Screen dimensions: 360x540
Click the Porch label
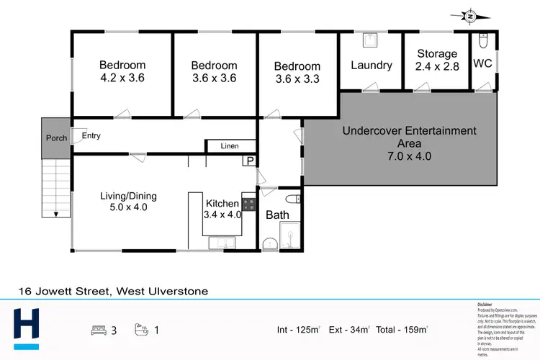click(x=56, y=138)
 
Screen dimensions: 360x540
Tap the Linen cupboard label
click(x=230, y=146)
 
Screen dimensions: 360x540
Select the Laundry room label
click(x=372, y=65)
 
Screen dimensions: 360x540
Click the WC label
click(x=482, y=63)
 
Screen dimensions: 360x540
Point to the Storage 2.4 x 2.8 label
click(x=437, y=60)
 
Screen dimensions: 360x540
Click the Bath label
click(x=277, y=215)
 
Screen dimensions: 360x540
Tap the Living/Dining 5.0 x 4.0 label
click(x=128, y=202)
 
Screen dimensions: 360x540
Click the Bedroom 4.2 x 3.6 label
click(x=122, y=71)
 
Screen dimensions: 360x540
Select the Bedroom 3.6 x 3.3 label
click(x=297, y=73)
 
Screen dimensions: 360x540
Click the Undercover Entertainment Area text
click(x=409, y=143)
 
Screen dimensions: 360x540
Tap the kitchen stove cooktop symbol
click(x=249, y=204)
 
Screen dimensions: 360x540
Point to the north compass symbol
click(x=469, y=15)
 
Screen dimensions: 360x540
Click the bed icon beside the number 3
click(x=99, y=330)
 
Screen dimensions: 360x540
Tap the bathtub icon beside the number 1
click(x=142, y=330)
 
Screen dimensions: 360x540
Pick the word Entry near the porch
click(x=91, y=135)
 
